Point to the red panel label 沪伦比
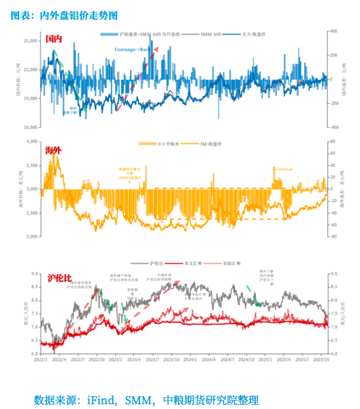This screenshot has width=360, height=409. point(59,279)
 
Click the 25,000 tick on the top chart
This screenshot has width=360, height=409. point(30,41)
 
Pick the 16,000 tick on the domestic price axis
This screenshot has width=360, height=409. point(30,128)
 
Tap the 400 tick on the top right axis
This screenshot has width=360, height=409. point(332,32)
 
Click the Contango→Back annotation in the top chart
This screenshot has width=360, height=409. point(133,50)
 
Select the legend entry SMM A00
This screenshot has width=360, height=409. point(211,34)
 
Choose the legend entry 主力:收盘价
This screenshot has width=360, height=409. point(254,34)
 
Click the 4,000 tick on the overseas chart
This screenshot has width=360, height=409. point(32,142)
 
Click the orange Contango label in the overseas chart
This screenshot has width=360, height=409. point(284,169)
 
